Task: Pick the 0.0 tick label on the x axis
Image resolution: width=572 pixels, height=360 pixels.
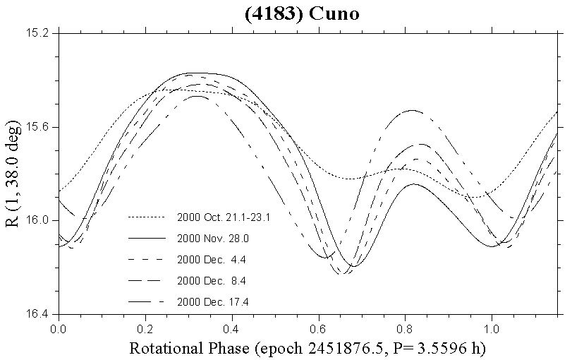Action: coord(59,328)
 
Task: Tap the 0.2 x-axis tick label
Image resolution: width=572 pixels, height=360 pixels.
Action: coord(145,328)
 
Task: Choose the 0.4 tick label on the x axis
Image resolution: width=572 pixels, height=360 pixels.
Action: coord(232,328)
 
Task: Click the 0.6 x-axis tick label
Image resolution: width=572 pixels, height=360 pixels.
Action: coord(319,328)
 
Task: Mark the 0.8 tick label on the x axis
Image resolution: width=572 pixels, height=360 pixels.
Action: coord(406,328)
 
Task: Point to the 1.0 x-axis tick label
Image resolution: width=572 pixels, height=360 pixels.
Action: coord(492,328)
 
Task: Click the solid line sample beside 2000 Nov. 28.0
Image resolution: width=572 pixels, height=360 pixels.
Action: coord(146,239)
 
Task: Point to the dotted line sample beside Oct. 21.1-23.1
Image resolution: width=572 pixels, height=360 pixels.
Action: coord(146,218)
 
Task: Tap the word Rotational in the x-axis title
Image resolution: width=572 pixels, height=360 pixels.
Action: coord(161,348)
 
